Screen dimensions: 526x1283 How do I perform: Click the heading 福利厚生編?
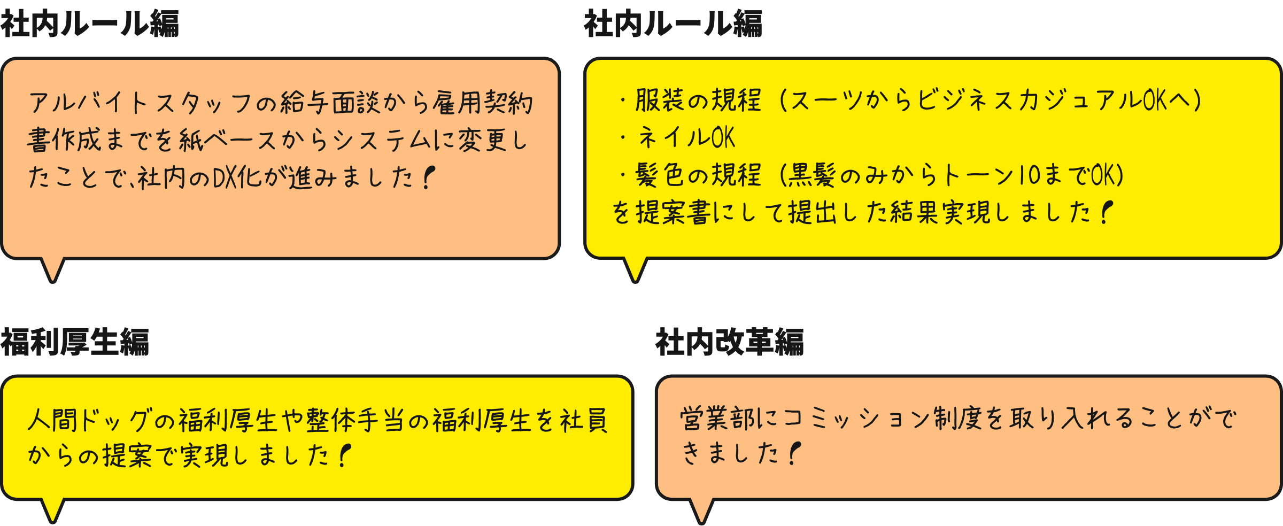[x=75, y=342]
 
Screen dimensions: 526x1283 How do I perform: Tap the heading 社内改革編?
[x=729, y=342]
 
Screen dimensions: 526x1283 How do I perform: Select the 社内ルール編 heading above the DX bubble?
[x=89, y=24]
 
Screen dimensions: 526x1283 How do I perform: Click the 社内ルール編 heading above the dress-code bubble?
[x=673, y=24]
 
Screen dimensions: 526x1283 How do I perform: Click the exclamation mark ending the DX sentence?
[x=428, y=177]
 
